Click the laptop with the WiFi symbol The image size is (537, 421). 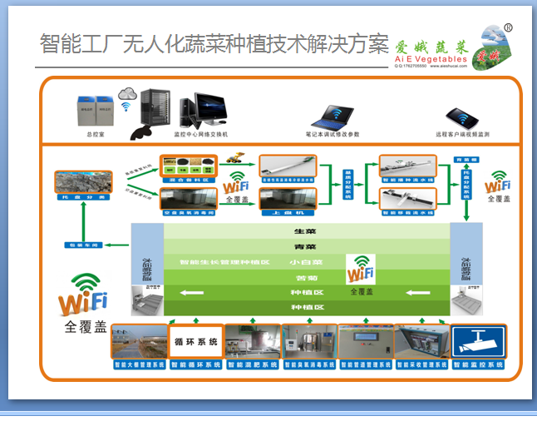point(333,113)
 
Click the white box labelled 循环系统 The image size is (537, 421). point(195,341)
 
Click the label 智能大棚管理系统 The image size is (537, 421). point(138,364)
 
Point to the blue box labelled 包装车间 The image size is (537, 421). point(83,245)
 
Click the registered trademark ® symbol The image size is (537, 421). point(508,28)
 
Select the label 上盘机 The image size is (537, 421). point(287,213)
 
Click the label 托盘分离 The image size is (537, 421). point(83,198)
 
